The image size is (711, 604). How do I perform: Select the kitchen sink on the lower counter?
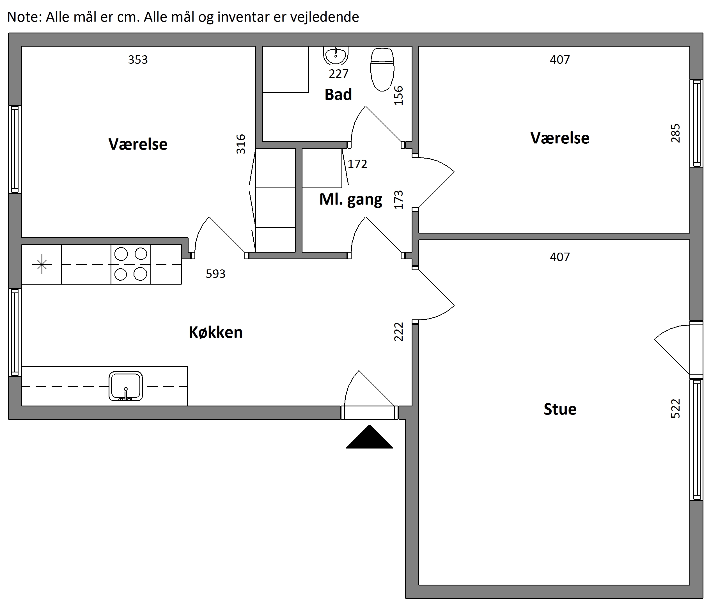126,386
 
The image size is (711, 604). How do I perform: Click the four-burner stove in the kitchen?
131,264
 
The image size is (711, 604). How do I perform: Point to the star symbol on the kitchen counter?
42,264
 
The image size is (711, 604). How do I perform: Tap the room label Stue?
560,409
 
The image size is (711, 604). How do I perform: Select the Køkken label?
216,332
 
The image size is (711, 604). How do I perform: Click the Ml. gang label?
350,200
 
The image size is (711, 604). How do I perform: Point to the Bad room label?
338,95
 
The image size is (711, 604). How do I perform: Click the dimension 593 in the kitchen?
216,274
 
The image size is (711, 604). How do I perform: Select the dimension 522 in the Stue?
675,408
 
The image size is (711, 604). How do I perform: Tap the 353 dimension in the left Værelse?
138,60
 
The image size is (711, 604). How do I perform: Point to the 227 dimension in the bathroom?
339,74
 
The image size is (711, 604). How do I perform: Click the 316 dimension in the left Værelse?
241,144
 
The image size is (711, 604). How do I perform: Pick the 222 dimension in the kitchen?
398,332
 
